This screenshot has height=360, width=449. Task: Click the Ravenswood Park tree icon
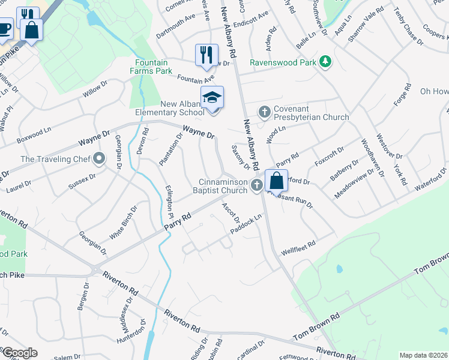pos(325,61)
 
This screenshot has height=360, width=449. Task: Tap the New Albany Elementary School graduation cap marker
pos(212,97)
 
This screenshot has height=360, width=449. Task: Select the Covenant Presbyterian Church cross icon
pos(264,112)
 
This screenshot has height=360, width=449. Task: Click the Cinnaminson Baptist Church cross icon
pos(256,185)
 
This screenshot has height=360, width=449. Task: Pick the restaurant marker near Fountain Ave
pos(205,55)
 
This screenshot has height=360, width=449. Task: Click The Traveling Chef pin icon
pos(99,159)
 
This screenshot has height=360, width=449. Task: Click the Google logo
pos(19,353)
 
